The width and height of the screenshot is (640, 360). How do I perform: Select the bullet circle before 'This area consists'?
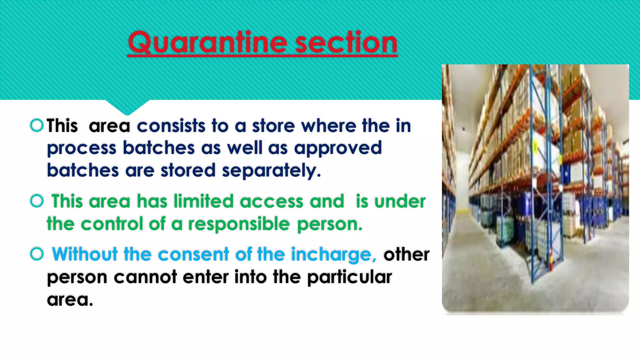[x=37, y=125]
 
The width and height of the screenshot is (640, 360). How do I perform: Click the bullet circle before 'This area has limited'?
[x=37, y=201]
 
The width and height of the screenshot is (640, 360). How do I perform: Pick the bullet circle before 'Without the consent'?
[x=37, y=254]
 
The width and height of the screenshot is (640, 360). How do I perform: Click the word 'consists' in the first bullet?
[x=171, y=126]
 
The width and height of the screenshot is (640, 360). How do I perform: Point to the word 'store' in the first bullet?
[x=273, y=126]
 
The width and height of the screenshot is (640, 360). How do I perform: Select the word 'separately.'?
[x=271, y=171]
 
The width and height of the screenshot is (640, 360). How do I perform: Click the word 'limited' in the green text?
[x=203, y=201]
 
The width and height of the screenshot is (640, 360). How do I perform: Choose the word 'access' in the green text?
[x=272, y=201]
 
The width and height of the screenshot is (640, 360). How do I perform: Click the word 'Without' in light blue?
[x=85, y=254]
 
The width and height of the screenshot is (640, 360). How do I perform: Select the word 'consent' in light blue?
[x=193, y=254]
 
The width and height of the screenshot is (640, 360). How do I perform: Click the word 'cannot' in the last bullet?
[x=145, y=277]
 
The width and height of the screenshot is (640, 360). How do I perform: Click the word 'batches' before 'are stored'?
[x=83, y=171]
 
